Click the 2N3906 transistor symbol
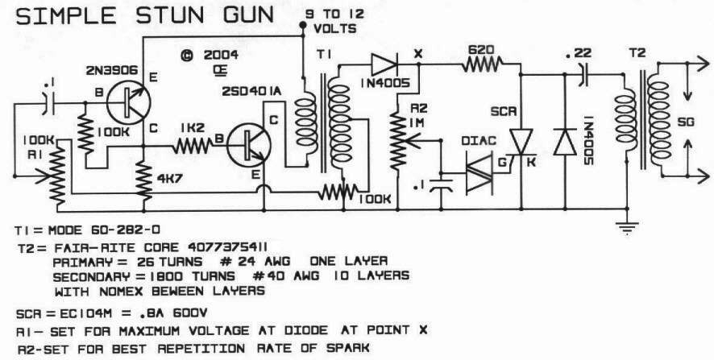[128, 103]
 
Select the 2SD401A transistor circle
[248, 145]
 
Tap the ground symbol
[627, 227]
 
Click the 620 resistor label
[481, 50]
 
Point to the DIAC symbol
[479, 174]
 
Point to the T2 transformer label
[638, 53]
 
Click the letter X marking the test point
[418, 53]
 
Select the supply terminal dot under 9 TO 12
[302, 27]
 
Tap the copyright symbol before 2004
[187, 56]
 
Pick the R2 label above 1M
[418, 109]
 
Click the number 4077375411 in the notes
[227, 247]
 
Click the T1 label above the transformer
[324, 55]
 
